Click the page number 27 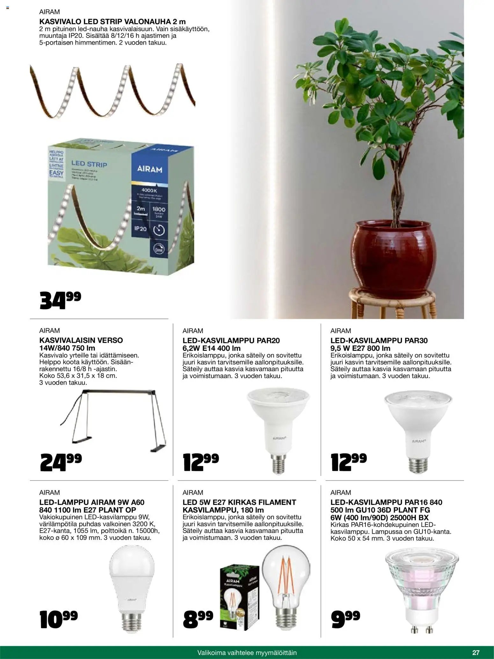(x=476, y=652)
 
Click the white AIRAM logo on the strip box (x=150, y=169)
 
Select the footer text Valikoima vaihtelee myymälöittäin (x=247, y=652)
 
